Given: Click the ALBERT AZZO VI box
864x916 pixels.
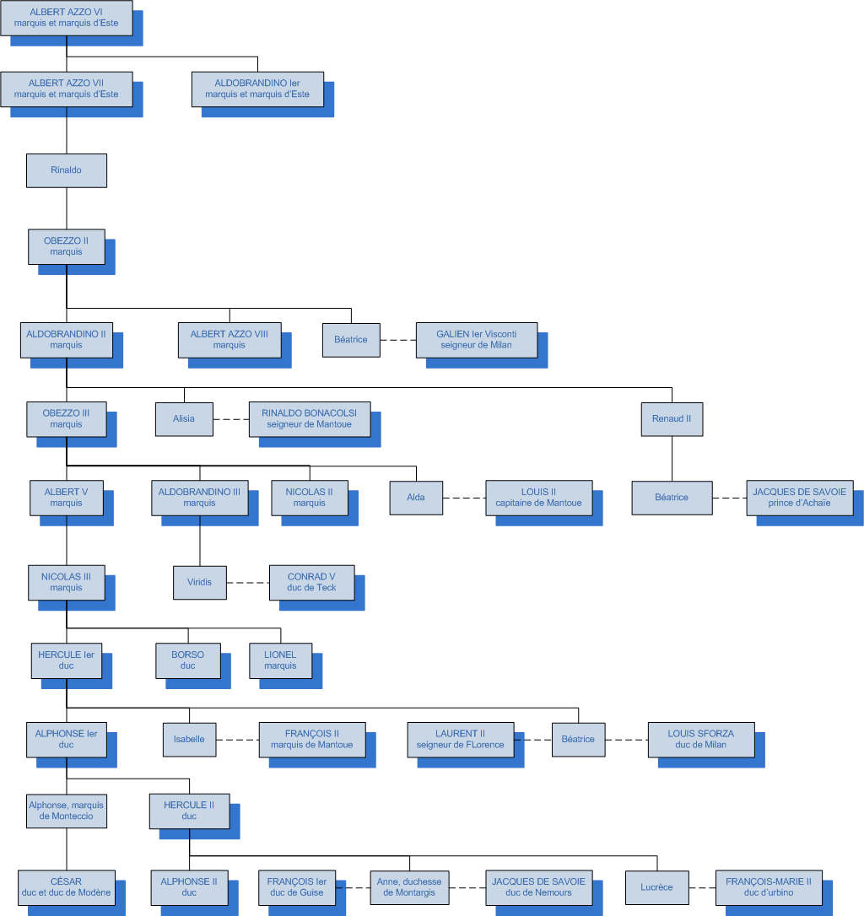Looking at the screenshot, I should coord(67,18).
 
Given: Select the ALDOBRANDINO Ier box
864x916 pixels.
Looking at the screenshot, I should coord(257,89).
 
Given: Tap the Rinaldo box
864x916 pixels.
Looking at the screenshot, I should coord(67,170).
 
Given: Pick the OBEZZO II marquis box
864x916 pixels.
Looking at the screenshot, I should coord(67,246).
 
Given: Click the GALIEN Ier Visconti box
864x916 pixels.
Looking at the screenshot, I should coord(476,339).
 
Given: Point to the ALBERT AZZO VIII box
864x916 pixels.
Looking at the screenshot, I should coord(229,339).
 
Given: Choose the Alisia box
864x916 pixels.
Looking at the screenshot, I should coord(184,418).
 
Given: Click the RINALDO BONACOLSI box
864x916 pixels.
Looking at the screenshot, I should coord(310,418).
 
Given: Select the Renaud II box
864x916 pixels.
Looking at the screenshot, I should coord(672,418).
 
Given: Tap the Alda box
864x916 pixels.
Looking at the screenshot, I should coord(416,498).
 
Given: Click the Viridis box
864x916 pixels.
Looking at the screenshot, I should coord(200,582).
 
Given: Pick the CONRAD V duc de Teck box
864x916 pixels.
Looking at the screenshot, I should coord(311,582).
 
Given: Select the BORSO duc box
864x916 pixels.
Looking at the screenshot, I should coord(188,660).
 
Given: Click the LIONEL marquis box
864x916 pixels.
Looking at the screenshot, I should coord(280,660).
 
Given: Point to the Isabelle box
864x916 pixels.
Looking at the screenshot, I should coord(189,740).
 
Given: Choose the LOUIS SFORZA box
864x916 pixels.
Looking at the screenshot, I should coord(700,740).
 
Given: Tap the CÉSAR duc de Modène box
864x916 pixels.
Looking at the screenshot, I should coord(66,887).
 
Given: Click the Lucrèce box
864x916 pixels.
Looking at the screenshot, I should coord(657,887).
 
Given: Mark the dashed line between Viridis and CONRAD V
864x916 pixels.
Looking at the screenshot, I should coord(247,582).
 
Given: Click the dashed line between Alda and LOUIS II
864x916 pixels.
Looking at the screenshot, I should coord(464,498).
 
